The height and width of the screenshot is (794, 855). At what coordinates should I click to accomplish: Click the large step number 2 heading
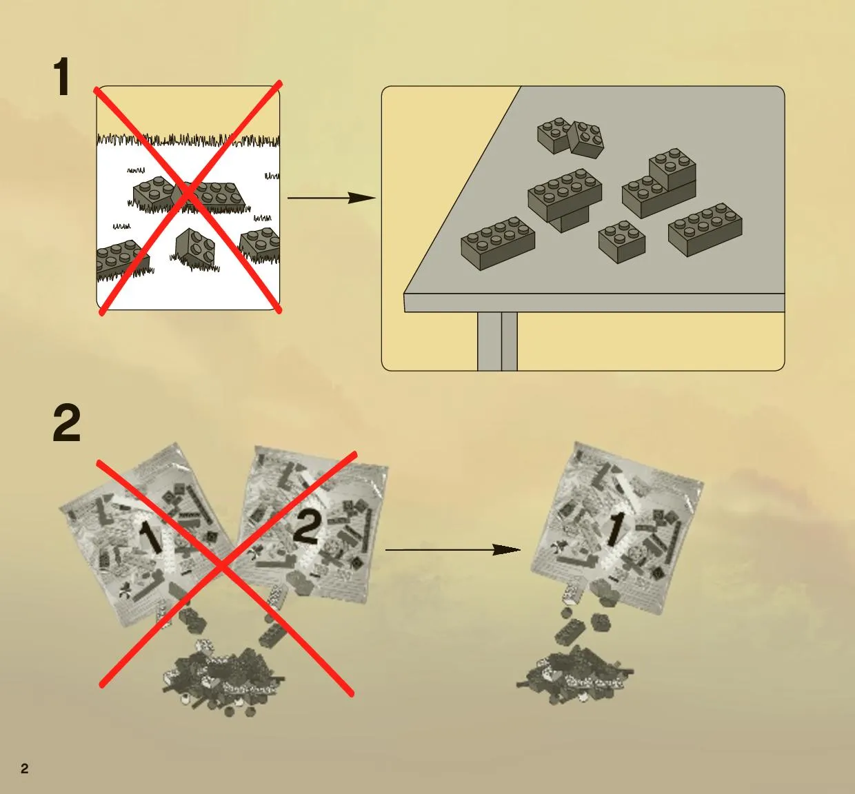[x=67, y=423]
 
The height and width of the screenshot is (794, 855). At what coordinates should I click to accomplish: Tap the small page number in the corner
[x=25, y=768]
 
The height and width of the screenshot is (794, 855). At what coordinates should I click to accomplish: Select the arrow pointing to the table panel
[x=332, y=198]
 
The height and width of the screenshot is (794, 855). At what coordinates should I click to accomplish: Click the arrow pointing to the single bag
[x=453, y=549]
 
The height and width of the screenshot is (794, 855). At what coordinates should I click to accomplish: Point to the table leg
[x=497, y=341]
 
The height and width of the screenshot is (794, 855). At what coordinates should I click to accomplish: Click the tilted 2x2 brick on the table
[x=586, y=139]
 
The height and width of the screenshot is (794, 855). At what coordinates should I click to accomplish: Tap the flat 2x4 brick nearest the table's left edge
[x=498, y=243]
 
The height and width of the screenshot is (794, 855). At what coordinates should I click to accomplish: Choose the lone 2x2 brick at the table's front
[x=622, y=241]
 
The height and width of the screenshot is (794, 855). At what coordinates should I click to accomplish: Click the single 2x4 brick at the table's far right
[x=705, y=230]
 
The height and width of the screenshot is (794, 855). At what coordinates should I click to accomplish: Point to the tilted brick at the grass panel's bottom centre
[x=195, y=248]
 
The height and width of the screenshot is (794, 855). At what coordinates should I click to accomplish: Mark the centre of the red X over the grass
[x=188, y=196]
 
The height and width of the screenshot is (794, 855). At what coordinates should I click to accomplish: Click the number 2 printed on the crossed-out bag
[x=307, y=527]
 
